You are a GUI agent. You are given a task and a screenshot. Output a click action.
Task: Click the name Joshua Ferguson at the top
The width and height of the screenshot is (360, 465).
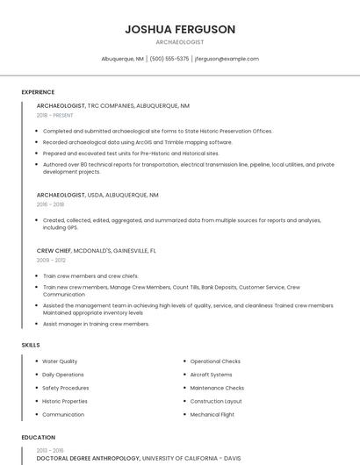(x=180, y=29)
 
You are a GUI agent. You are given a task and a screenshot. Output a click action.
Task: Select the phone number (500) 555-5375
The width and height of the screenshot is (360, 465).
(x=169, y=59)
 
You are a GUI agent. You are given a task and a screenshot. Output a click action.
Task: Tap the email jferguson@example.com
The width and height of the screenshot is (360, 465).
(x=227, y=59)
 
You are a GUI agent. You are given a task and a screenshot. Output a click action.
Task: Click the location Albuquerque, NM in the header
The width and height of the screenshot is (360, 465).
(x=122, y=59)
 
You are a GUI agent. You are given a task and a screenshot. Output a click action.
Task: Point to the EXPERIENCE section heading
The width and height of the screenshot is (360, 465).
(x=38, y=92)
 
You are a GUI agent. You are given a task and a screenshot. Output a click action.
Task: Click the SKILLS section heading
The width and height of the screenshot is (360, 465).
(x=31, y=345)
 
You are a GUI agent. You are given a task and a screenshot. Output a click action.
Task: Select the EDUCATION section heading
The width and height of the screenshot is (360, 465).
(x=38, y=437)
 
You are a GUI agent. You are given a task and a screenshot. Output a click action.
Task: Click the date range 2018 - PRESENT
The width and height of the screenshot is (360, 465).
(x=55, y=115)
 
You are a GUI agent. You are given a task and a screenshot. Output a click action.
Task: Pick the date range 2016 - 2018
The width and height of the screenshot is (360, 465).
(x=51, y=204)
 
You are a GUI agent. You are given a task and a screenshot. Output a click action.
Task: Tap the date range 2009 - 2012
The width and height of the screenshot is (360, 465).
(x=51, y=261)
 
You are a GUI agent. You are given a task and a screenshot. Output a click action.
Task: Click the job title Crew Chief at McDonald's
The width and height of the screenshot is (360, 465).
(x=54, y=251)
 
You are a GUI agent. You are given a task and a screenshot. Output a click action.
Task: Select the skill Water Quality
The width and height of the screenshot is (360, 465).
(x=60, y=361)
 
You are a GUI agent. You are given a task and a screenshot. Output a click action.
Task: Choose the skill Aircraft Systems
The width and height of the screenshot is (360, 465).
(x=212, y=375)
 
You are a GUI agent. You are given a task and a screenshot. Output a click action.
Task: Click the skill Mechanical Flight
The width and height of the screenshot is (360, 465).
(x=212, y=414)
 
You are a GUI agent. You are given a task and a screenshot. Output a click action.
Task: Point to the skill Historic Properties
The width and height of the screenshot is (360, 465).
(x=65, y=401)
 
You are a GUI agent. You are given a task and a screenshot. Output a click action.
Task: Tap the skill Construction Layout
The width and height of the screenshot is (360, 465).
(x=216, y=401)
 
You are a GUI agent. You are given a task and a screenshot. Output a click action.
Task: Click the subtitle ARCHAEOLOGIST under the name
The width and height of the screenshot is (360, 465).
(x=180, y=42)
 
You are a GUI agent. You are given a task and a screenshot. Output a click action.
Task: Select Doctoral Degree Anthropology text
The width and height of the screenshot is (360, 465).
(x=88, y=458)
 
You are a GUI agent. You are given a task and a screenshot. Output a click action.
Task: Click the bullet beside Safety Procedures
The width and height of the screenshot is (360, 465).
(x=36, y=388)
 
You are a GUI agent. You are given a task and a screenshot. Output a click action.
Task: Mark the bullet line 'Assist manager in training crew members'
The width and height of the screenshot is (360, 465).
(x=96, y=324)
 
